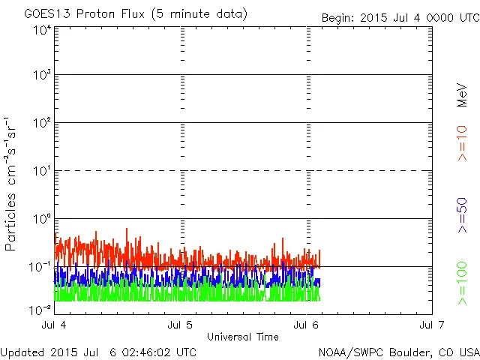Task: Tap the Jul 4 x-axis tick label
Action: (55, 325)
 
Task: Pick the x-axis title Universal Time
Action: (243, 337)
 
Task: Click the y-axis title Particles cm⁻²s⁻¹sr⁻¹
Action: (13, 184)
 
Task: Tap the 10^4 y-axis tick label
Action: (42, 30)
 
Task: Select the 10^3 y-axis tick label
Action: (42, 76)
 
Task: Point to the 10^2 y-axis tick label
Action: (42, 124)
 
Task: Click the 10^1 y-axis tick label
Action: (42, 172)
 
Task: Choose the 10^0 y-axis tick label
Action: (42, 220)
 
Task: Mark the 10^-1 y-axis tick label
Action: (40, 267)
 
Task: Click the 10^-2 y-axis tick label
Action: (40, 309)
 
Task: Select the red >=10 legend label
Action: (462, 142)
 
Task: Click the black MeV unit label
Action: (462, 94)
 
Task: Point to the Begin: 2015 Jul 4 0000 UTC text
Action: (399, 17)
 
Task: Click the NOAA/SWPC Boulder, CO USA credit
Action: (397, 352)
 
